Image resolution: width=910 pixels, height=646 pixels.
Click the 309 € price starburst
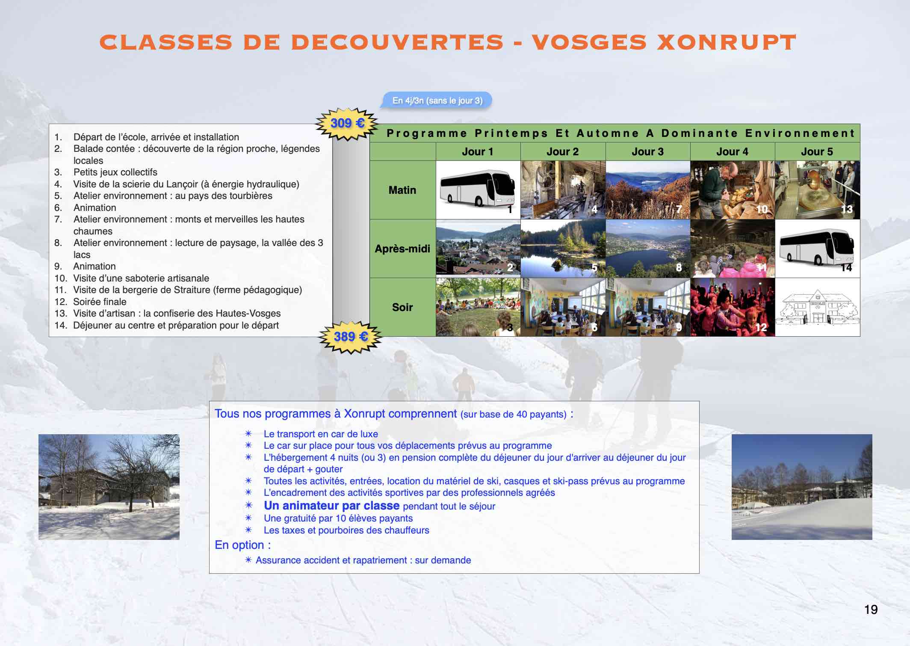347,124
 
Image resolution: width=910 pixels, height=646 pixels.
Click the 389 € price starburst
350,337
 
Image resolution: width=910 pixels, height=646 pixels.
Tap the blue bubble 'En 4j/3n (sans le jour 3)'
437,101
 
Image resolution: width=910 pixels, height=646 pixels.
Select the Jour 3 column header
647,152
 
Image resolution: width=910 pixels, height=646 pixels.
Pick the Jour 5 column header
817,152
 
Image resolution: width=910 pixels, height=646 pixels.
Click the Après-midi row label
402,249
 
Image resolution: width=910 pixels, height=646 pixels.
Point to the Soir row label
402,307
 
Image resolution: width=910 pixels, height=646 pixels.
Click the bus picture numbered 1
478,190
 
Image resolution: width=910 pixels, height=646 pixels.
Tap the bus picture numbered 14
817,249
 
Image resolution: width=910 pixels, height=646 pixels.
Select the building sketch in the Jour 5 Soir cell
817,307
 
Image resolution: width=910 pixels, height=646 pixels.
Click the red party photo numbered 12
733,307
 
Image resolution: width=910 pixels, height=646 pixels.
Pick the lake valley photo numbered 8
648,249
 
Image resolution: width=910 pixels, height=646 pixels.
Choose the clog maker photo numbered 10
733,190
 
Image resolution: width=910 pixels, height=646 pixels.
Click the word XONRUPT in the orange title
726,42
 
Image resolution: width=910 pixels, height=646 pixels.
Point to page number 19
871,610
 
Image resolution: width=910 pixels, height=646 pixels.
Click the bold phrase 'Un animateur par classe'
331,506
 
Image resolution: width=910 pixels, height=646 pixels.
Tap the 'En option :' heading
242,545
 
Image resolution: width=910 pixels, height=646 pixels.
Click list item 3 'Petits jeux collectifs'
106,172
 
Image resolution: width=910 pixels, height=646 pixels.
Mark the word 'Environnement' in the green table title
800,133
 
